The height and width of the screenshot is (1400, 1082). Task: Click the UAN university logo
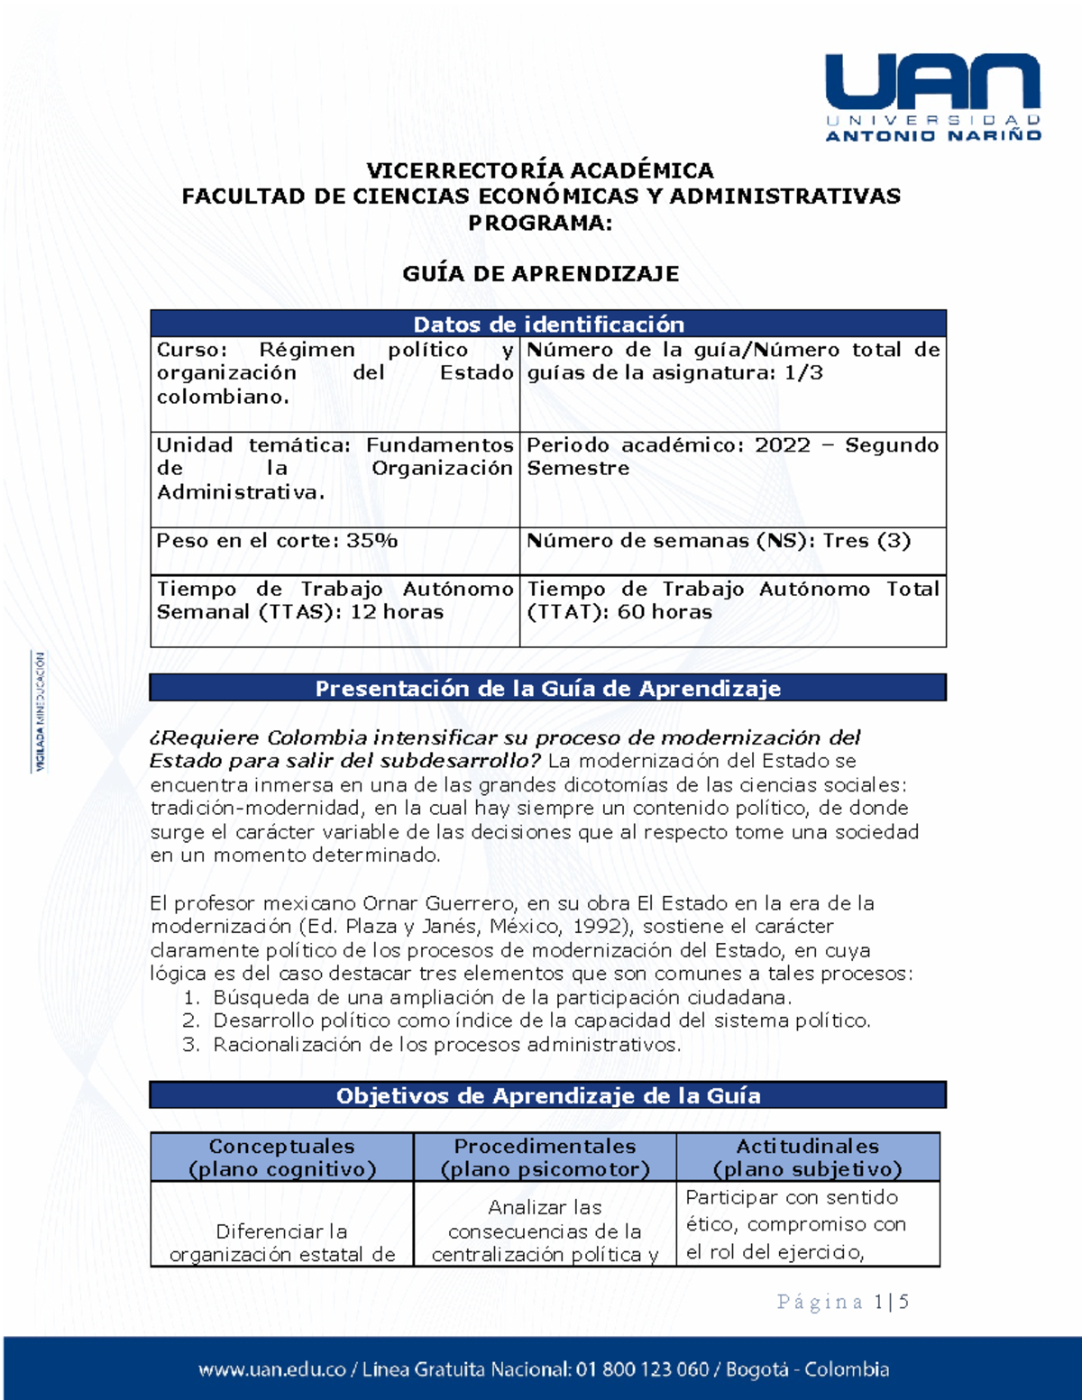click(x=933, y=96)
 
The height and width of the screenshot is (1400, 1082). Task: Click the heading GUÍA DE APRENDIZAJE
click(x=540, y=274)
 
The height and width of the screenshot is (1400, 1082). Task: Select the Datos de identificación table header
click(x=548, y=324)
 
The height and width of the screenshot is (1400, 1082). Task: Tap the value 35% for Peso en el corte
click(x=371, y=541)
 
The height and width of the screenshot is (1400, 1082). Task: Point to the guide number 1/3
click(x=803, y=373)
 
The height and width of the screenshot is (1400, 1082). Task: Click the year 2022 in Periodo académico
click(x=782, y=445)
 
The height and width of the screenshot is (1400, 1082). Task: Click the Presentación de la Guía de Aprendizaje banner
click(x=548, y=689)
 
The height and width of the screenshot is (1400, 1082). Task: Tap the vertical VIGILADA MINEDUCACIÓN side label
click(x=40, y=712)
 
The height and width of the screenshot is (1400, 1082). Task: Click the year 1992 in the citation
click(x=597, y=927)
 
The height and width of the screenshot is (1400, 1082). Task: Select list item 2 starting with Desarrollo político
click(x=541, y=1021)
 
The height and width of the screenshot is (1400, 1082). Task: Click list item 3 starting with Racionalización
click(x=446, y=1045)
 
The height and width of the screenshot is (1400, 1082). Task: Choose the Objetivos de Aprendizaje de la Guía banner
click(x=548, y=1096)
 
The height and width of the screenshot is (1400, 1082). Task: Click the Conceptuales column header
click(x=281, y=1158)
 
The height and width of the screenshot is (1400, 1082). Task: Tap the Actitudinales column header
click(x=807, y=1158)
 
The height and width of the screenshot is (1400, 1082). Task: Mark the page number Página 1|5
click(x=842, y=1302)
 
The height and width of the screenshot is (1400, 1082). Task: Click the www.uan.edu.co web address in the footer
click(x=271, y=1369)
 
